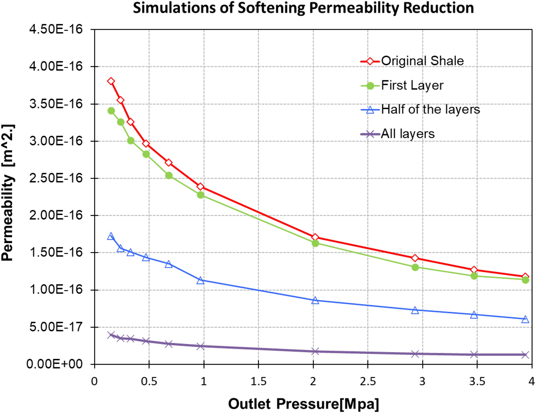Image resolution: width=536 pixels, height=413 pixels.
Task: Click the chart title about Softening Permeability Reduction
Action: tap(303, 8)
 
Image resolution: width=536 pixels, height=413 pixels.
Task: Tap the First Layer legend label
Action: tap(412, 86)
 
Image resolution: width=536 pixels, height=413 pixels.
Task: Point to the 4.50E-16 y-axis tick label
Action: tap(56, 29)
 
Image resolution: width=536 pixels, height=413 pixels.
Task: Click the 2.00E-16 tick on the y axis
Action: tap(56, 215)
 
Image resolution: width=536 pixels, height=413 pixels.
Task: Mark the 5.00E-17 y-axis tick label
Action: tap(56, 327)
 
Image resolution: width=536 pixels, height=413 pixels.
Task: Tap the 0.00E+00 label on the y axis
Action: tap(54, 364)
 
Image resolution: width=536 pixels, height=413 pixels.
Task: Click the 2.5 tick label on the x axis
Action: tap(367, 382)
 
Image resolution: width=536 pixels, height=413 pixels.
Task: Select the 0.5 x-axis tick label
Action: tap(149, 382)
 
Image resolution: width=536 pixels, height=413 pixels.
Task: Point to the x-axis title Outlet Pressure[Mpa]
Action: tap(303, 404)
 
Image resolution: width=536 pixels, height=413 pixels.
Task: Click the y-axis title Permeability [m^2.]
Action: tap(8, 193)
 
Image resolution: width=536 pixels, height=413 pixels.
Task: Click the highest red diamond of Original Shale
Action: tap(111, 81)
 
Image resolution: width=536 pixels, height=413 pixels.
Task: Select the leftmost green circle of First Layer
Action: tap(111, 111)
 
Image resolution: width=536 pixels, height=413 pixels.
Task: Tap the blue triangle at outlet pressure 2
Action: tap(315, 301)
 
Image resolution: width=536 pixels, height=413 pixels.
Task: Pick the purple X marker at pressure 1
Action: tap(200, 346)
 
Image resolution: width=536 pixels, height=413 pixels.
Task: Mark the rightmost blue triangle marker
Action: tap(525, 319)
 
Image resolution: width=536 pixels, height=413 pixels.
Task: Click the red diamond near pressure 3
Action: tap(415, 258)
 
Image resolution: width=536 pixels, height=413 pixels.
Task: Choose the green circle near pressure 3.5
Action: tap(474, 276)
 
